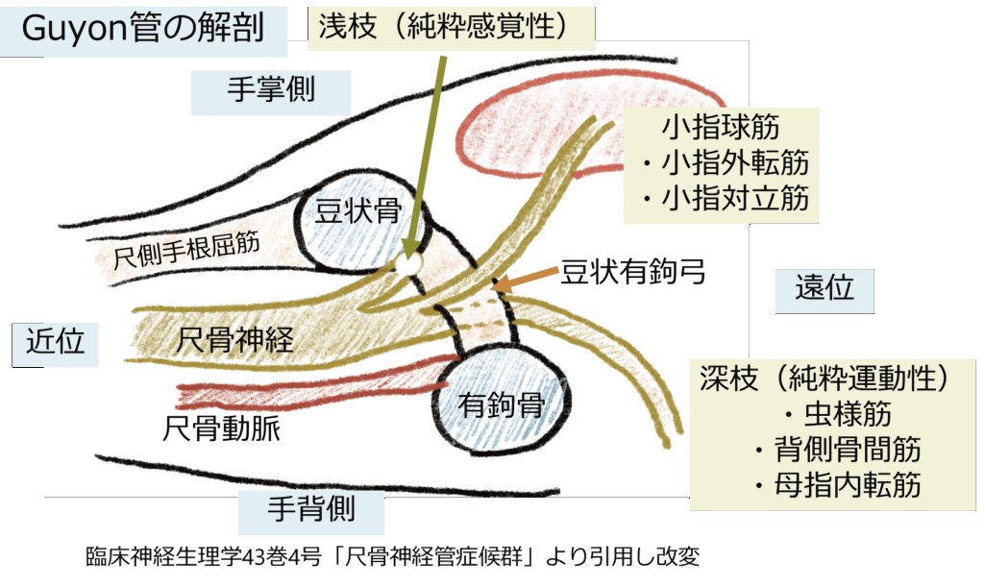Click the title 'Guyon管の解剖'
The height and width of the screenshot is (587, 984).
[x=141, y=30]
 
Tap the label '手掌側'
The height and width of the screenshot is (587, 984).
[x=271, y=90]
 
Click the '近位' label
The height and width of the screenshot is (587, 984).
[x=57, y=341]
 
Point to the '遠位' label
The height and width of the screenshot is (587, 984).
[x=824, y=287]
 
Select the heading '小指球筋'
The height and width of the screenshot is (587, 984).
[x=720, y=127]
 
